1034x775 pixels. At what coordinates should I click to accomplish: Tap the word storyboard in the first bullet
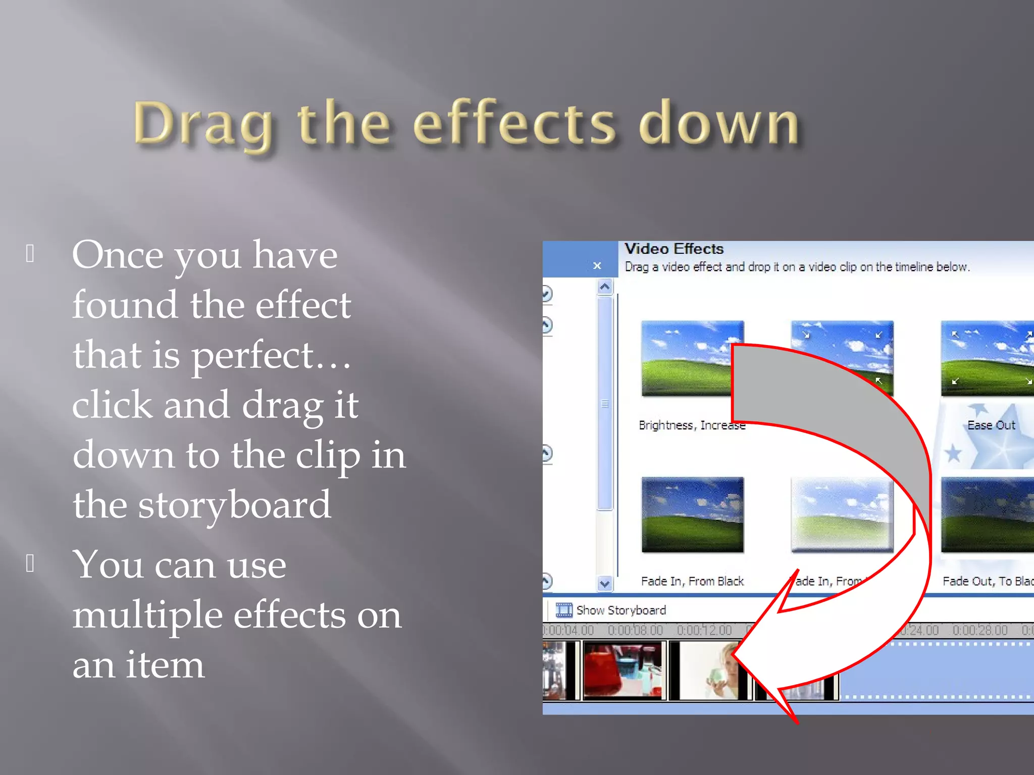click(234, 505)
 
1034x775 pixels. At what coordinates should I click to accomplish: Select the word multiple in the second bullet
click(147, 614)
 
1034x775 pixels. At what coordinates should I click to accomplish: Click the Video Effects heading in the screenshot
click(674, 249)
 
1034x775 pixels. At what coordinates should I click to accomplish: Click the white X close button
click(597, 265)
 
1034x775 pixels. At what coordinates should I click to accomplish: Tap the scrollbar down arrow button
click(604, 584)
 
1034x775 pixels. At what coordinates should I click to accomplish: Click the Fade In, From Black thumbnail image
click(692, 515)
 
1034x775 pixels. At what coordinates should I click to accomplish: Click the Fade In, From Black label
click(692, 581)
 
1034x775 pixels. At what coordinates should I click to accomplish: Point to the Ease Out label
click(991, 425)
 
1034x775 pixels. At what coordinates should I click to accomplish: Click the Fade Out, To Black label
click(987, 581)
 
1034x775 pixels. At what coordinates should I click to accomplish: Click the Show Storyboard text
click(621, 611)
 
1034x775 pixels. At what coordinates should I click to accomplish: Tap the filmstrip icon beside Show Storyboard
click(563, 610)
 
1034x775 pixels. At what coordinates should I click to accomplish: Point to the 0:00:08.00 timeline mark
click(635, 630)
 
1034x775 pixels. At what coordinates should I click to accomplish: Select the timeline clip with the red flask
click(624, 671)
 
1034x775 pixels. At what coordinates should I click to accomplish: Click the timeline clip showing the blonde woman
click(709, 671)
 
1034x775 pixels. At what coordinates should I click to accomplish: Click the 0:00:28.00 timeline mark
click(979, 630)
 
